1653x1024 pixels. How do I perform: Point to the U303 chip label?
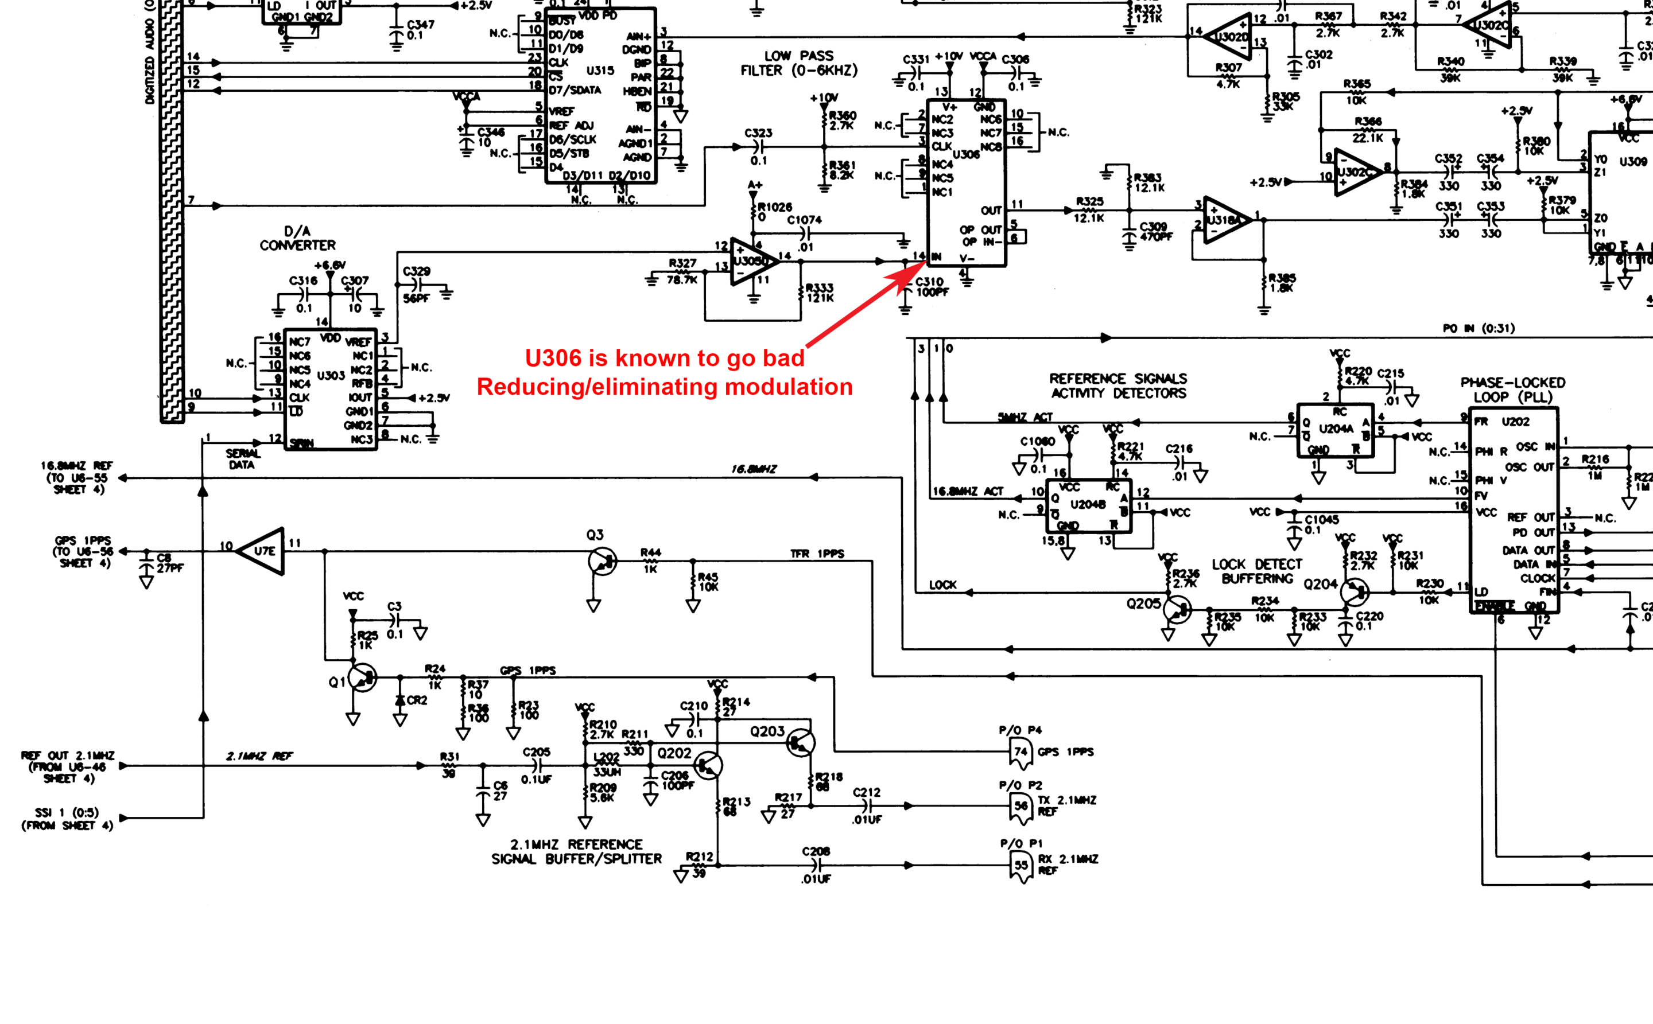(331, 375)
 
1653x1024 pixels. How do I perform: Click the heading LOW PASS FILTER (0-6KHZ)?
(799, 64)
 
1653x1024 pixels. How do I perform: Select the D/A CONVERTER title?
(297, 239)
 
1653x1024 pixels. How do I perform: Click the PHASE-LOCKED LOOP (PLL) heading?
(1511, 390)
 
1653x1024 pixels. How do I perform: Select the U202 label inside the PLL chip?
(1515, 422)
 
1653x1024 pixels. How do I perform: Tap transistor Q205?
(1177, 609)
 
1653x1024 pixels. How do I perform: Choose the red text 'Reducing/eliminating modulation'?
(665, 387)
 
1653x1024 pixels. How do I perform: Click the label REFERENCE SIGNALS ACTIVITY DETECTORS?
(1118, 386)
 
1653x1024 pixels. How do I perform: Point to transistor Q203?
(800, 743)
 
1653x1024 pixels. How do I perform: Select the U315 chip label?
(600, 71)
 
